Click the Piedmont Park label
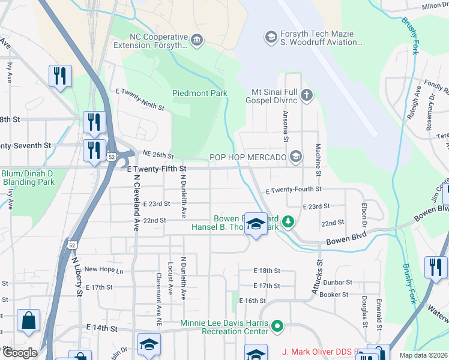pos(199,93)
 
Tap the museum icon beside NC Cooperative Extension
pos(196,40)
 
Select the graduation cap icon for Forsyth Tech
pos(270,37)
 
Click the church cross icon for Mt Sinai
pos(307,95)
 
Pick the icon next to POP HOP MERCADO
pos(295,157)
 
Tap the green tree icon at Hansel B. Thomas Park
pos(288,223)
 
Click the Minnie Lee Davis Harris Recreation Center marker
pos(277,327)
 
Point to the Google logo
pos(19,353)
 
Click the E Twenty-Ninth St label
pos(140,99)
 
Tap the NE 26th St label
pos(158,154)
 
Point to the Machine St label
pos(318,160)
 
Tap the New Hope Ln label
pos(103,270)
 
